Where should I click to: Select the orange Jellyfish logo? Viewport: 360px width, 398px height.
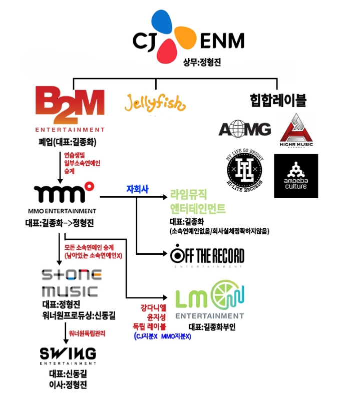click(x=155, y=103)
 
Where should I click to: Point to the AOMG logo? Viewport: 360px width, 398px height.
click(x=245, y=129)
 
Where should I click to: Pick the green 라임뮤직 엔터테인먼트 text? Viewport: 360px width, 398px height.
click(x=198, y=201)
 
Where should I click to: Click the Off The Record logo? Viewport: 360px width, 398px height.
click(x=207, y=257)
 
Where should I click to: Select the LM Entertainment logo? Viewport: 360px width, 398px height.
click(x=209, y=300)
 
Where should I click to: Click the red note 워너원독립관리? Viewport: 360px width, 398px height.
click(x=88, y=333)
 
